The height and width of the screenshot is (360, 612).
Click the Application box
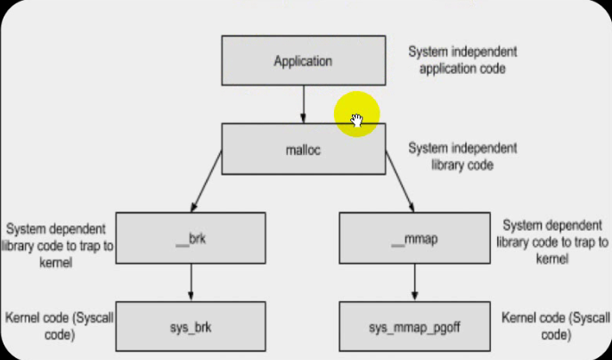click(303, 62)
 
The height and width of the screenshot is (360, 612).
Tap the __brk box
click(192, 239)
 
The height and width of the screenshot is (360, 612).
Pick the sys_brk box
click(192, 327)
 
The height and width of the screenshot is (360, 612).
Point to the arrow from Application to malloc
click(303, 104)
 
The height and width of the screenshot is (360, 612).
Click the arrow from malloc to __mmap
click(401, 183)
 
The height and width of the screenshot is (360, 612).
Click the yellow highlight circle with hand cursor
click(357, 114)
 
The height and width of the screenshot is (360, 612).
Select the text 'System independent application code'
click(461, 60)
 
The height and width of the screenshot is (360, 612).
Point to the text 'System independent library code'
click(461, 157)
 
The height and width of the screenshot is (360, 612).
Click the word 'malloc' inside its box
click(303, 149)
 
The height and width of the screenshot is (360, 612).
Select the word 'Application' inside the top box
click(303, 62)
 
